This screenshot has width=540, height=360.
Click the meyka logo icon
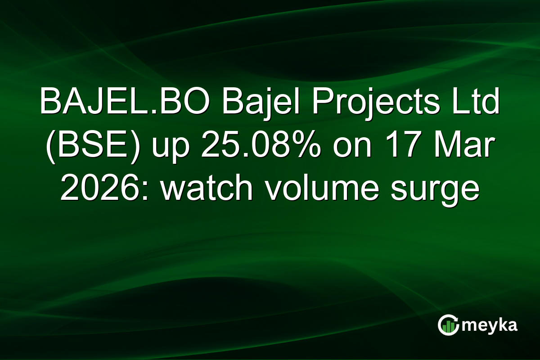coord(449,325)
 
